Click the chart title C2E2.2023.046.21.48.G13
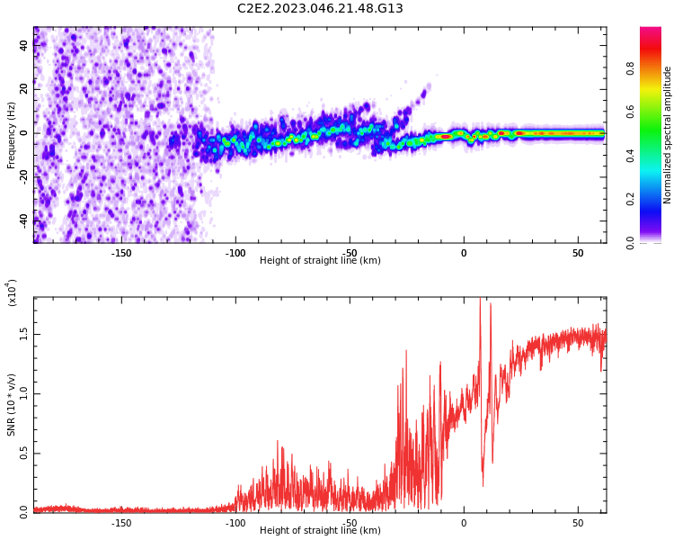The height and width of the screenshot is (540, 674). coord(320,8)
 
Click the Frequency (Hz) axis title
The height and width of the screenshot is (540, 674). coord(12,135)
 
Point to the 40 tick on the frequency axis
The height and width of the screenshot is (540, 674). coord(23,46)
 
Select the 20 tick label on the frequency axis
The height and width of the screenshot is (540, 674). coord(23,89)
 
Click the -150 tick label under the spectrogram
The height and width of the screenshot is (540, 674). coord(121,253)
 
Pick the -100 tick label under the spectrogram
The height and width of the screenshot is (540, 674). coord(235,253)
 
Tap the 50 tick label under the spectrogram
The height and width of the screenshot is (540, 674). coord(578,253)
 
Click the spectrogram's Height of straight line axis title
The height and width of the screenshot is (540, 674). coord(320,261)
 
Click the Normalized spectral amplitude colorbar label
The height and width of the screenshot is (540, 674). coord(668,135)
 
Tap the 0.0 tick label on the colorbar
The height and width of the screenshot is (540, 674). coord(654,242)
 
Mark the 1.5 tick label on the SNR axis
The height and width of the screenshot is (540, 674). coord(23,334)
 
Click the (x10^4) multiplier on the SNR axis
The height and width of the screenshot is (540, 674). coord(12,293)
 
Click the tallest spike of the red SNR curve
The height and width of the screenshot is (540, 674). coord(480,300)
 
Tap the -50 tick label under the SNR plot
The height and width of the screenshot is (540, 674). coord(350,522)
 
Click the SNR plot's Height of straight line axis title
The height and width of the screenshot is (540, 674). coord(320,531)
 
